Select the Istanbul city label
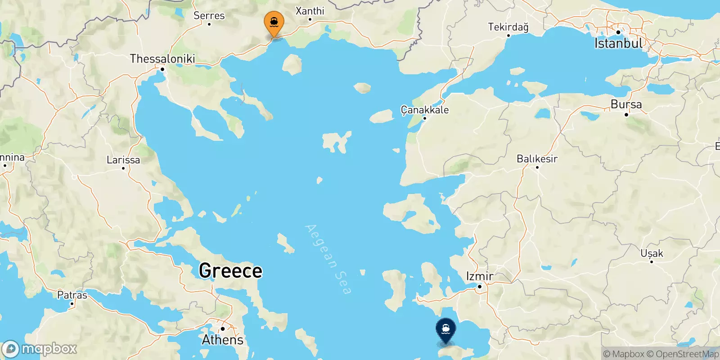pos(619,43)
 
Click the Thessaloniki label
pos(162,58)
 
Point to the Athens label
pos(222,340)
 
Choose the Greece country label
pos(230,271)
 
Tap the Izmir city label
pos(480,276)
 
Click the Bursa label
pos(626,104)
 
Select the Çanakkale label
pos(424,110)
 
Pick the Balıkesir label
pos(537,159)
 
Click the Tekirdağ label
pos(508,27)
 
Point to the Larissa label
pos(123,160)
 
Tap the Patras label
pos(72,295)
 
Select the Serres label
pos(209,16)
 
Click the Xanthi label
pos(310,11)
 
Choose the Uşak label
pos(652,253)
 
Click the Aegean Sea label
pos(328,259)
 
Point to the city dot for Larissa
pos(123,168)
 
